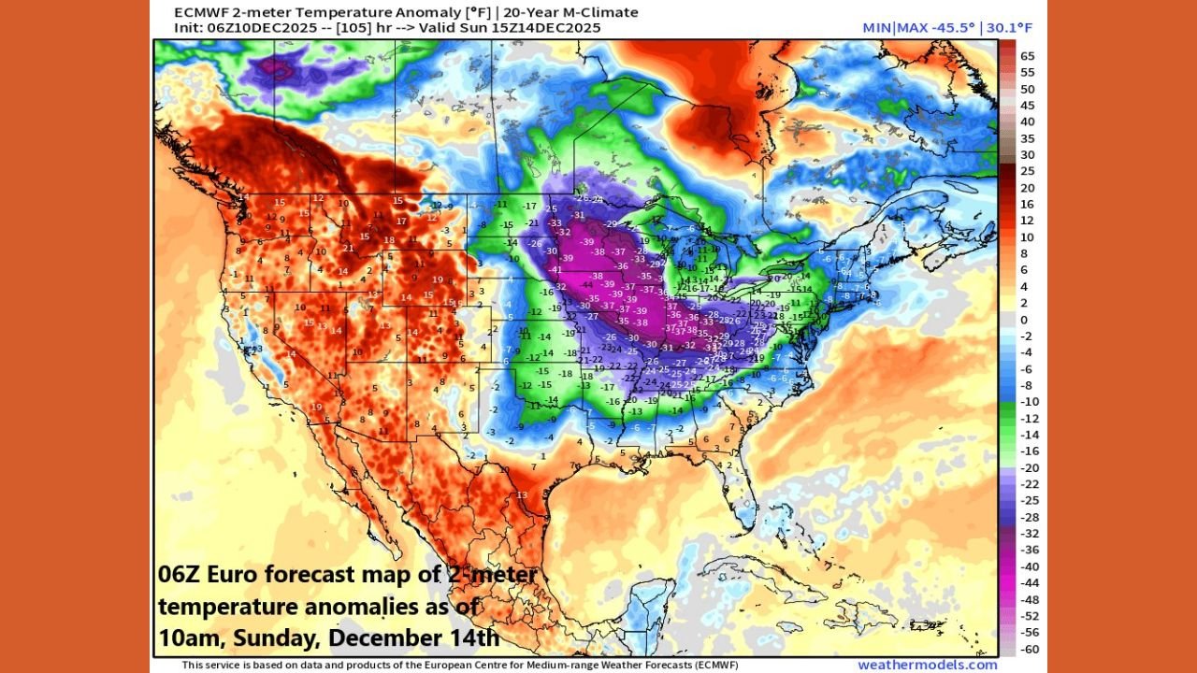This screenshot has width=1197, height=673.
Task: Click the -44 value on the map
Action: click(x=587, y=282)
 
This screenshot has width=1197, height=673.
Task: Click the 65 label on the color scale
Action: click(x=1028, y=55)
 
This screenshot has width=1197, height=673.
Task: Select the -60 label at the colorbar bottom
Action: click(x=1028, y=649)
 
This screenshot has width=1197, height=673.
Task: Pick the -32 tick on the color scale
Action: click(x=1028, y=534)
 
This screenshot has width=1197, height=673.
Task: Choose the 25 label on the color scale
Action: click(x=1028, y=171)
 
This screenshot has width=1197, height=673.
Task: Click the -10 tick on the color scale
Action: click(x=1028, y=402)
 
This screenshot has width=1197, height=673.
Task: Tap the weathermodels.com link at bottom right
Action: click(x=927, y=665)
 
